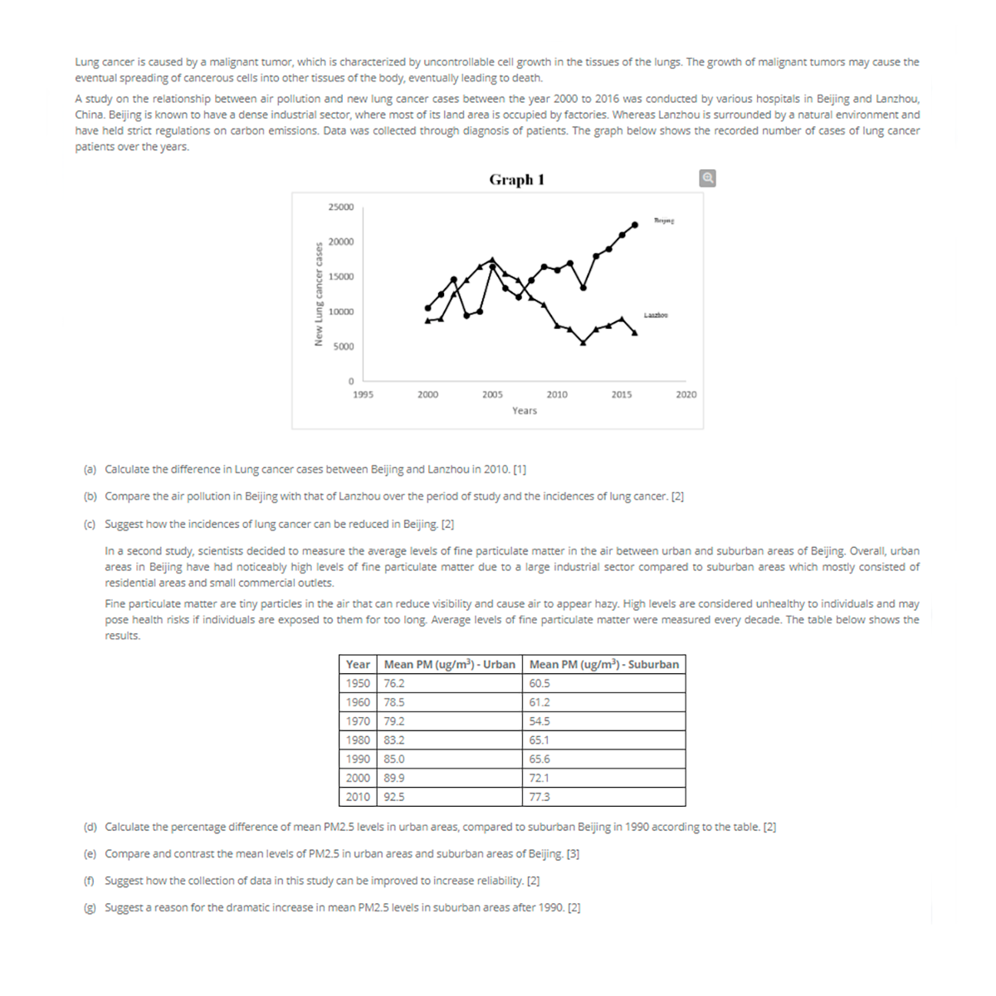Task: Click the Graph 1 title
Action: [516, 180]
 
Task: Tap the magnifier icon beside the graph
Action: [707, 178]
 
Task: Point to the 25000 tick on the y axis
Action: [340, 207]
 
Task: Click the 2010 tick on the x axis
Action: [557, 395]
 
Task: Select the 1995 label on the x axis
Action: [363, 395]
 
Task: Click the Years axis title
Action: [524, 411]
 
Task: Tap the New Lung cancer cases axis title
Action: [318, 294]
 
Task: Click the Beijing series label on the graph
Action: [664, 221]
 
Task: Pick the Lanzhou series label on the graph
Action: [656, 315]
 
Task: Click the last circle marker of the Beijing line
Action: [635, 224]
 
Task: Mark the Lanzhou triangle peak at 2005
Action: [493, 260]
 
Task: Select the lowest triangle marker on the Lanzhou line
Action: [583, 342]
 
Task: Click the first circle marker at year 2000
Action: [427, 308]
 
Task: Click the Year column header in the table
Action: [358, 664]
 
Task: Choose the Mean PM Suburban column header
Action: [603, 664]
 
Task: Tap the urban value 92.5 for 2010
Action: [394, 797]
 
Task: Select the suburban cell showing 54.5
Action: [539, 721]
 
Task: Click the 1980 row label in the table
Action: [358, 740]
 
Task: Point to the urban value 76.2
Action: [394, 684]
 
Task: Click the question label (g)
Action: [89, 908]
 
